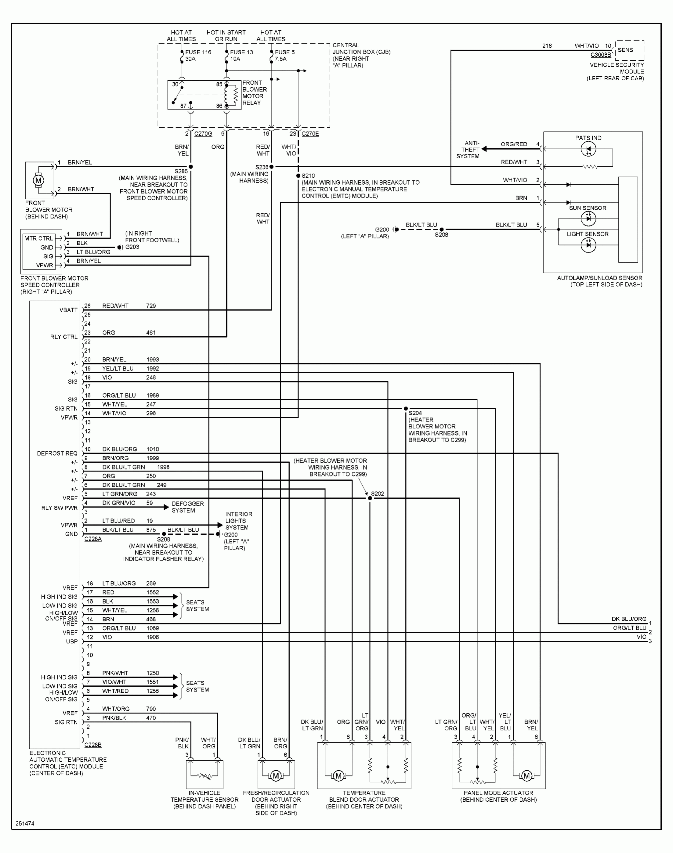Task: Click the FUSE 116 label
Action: coord(198,52)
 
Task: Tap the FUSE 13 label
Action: coord(241,52)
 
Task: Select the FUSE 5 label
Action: coord(285,52)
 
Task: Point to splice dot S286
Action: coord(191,167)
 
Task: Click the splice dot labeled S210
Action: coord(298,176)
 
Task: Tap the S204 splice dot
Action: coord(405,409)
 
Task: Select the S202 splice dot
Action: coord(369,498)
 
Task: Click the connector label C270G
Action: coord(203,134)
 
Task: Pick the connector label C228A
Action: coord(93,538)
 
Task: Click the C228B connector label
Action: coord(93,745)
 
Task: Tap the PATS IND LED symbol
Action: coord(588,149)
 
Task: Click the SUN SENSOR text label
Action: coord(587,208)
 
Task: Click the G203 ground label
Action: coord(132,247)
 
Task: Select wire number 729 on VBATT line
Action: coord(151,306)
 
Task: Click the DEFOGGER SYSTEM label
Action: coord(188,507)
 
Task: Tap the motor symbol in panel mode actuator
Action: coord(527,776)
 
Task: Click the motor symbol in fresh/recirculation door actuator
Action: coord(276,776)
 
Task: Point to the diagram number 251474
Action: coord(25,823)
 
